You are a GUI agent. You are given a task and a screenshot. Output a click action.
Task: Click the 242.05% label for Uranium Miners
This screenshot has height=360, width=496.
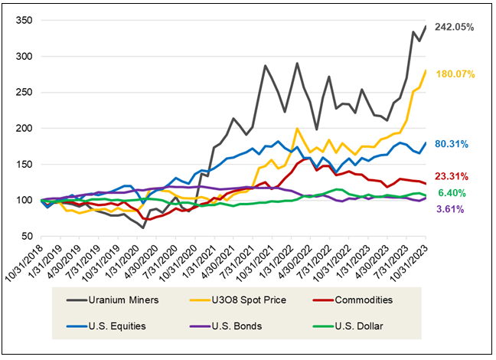455,27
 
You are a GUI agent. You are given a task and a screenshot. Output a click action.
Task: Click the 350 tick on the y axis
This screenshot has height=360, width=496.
23,21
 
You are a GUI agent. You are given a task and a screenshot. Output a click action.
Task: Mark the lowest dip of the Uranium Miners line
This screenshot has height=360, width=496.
143,227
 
